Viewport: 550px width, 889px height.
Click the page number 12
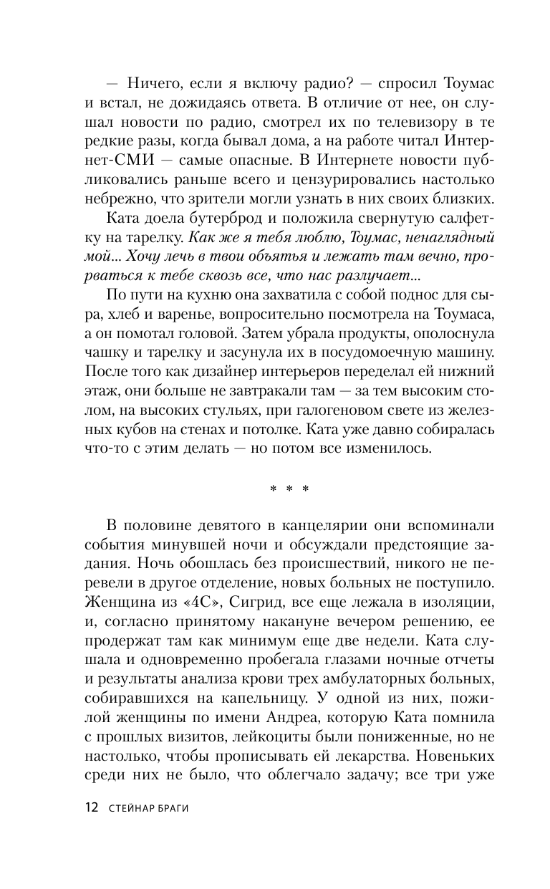90,807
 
